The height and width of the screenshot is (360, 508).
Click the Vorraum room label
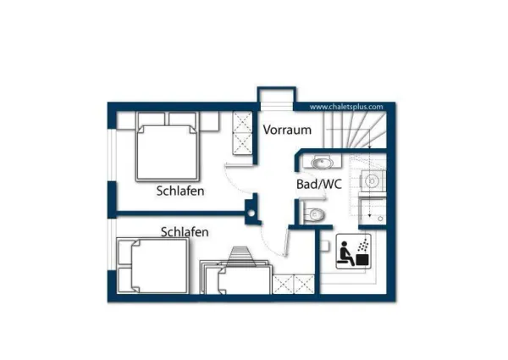tap(287, 130)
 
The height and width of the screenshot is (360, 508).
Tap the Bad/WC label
tap(319, 185)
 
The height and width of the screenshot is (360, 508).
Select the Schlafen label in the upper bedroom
tap(180, 191)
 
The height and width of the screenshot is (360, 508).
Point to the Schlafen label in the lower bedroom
tap(185, 232)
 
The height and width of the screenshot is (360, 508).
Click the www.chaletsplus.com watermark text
tap(346, 107)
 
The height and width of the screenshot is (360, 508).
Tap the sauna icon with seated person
tap(353, 251)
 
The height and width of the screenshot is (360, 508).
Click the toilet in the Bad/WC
tap(314, 213)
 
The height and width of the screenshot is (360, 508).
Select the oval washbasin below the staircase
tap(322, 163)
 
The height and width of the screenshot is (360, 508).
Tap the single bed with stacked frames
tap(236, 277)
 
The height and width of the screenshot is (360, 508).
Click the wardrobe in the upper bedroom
tap(243, 133)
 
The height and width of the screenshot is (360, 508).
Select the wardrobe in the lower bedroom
tap(294, 285)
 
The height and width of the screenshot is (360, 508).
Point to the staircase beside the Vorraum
tap(355, 130)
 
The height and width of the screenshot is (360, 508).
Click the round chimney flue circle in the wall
tap(251, 213)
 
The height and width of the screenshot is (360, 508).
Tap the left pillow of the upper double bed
tap(152, 119)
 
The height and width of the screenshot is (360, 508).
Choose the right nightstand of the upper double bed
tap(208, 121)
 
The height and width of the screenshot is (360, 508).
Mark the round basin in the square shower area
tap(372, 181)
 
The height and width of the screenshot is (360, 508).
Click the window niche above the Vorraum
tap(276, 98)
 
